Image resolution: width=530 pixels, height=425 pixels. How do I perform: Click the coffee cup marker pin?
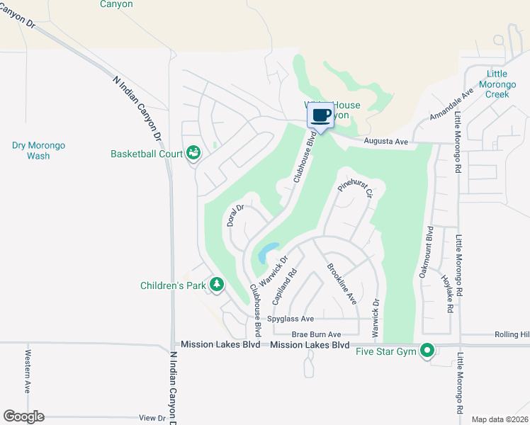(320, 116)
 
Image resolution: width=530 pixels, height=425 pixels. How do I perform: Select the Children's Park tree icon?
(216, 285)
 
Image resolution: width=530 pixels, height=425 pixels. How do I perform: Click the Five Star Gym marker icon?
(427, 350)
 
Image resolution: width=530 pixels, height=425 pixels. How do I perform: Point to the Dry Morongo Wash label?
(38, 150)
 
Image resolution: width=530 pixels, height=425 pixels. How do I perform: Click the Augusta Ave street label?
(386, 142)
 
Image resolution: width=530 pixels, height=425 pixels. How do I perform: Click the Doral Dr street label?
(235, 215)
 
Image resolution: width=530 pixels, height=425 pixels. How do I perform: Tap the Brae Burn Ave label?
(316, 334)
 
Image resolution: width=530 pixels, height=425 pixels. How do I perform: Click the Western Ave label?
(28, 371)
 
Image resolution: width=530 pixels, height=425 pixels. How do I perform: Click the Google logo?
(23, 416)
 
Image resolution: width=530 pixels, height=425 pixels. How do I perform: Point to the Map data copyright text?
(499, 419)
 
